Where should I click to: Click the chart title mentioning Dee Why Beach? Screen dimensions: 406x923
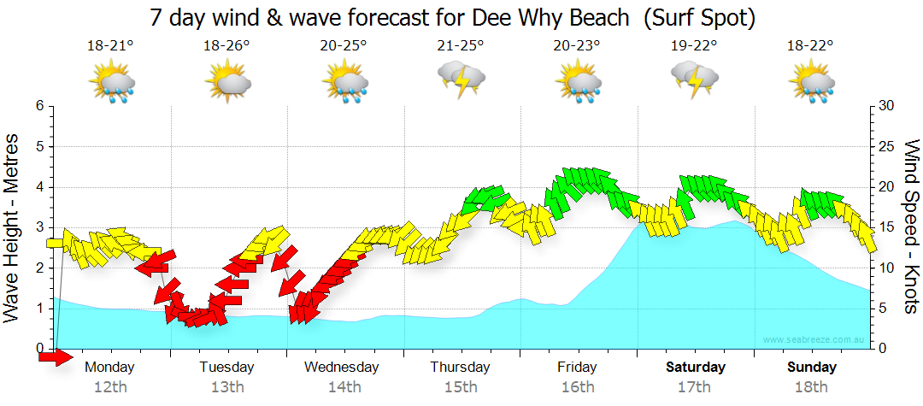pos(453,16)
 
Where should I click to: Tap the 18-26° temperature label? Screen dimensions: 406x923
pos(226,45)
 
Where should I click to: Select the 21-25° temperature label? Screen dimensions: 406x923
pos(460,45)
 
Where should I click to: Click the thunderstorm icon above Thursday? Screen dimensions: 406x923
pos(461,80)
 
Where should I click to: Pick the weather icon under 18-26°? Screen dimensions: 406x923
pos(227,83)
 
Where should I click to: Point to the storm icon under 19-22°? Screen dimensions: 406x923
pos(694,80)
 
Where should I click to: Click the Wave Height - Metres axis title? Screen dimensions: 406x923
pos(13,227)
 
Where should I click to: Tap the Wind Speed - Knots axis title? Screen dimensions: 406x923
pos(910,227)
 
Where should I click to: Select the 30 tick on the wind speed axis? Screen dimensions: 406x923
pos(888,105)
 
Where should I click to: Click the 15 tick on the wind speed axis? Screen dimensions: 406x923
pos(888,227)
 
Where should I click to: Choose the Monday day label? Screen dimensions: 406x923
pos(110,368)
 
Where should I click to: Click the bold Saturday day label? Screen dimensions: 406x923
pos(695,368)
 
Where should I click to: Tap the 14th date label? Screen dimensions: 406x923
pos(344,387)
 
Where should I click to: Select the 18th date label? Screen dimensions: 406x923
pos(811,387)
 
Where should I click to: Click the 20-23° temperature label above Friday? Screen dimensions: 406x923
pos(577,45)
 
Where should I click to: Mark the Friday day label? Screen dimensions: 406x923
pos(577,368)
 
